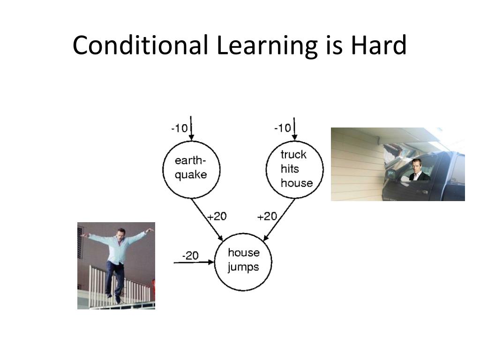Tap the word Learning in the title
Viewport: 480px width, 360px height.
(x=267, y=46)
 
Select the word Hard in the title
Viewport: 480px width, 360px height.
(x=378, y=45)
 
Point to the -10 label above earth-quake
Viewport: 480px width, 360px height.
(x=180, y=128)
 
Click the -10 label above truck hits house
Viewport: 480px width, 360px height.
(x=283, y=127)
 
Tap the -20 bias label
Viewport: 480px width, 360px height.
(x=190, y=255)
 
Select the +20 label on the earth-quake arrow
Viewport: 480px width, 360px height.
(x=217, y=217)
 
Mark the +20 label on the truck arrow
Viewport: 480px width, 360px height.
(x=267, y=217)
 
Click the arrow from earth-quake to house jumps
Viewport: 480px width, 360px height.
(x=207, y=219)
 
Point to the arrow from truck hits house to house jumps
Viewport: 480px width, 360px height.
(x=279, y=219)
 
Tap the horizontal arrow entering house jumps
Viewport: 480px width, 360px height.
(x=194, y=262)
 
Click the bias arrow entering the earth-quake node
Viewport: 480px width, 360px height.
(x=191, y=128)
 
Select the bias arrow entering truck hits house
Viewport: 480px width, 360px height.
(x=294, y=129)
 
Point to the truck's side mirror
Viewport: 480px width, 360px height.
(x=391, y=173)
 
